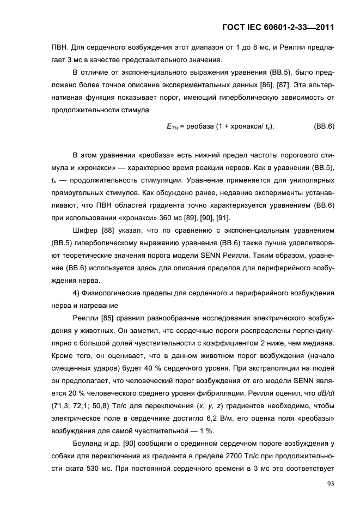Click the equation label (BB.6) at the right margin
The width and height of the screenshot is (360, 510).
pos(324,126)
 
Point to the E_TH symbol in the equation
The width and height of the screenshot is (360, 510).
pos(172,126)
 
